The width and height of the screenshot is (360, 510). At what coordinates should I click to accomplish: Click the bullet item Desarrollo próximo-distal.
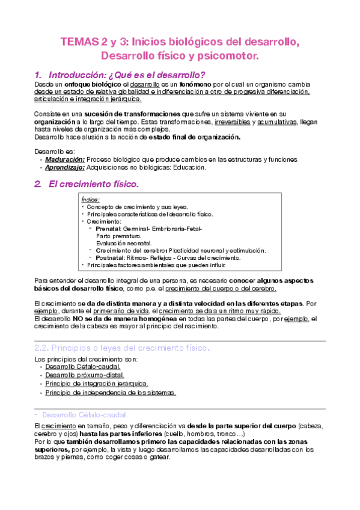click(84, 375)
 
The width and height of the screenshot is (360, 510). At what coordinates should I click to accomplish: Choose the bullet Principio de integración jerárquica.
click(96, 383)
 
